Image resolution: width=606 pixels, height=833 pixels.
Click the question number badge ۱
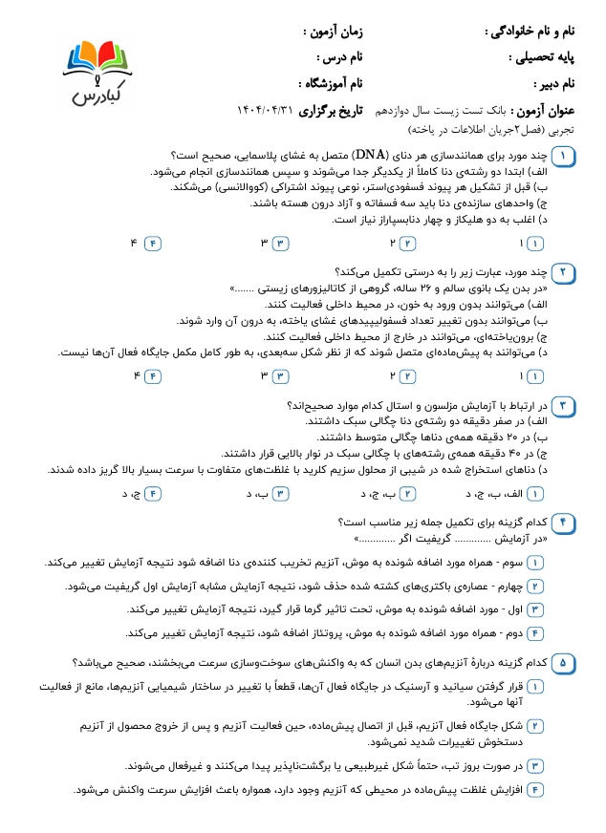[564, 155]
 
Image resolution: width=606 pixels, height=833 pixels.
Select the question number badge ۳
[564, 406]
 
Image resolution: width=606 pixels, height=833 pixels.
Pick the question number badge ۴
[564, 523]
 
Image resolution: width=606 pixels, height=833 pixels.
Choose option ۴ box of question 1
[152, 243]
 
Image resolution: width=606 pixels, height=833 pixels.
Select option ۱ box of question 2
[535, 375]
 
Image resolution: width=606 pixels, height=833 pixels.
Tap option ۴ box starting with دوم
[535, 632]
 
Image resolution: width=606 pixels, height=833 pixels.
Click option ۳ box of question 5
[535, 765]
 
